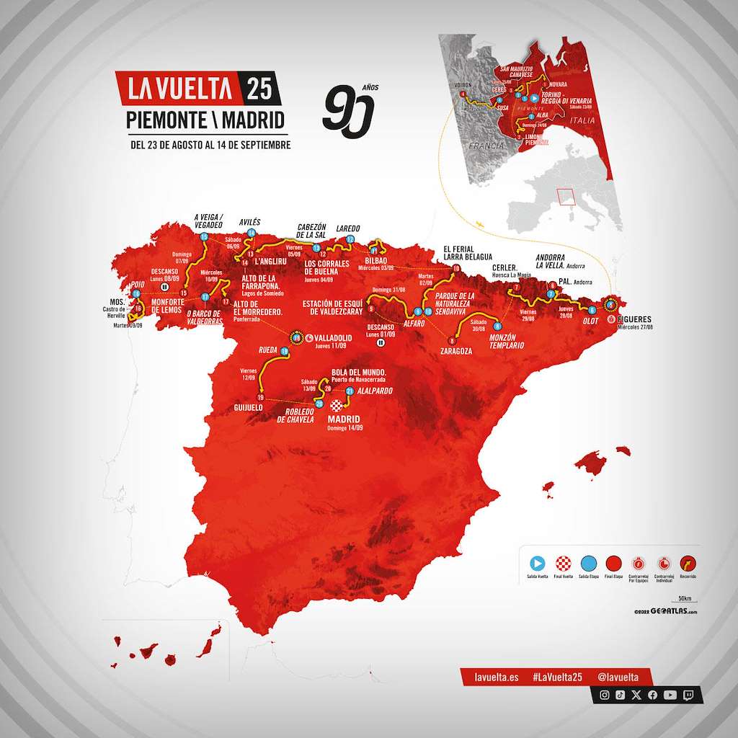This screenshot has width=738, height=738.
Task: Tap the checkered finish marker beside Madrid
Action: pos(334,406)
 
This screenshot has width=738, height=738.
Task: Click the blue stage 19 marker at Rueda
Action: pos(285,352)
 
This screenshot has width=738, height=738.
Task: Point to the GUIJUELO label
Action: pos(247,407)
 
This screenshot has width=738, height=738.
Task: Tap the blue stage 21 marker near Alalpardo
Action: pos(350,392)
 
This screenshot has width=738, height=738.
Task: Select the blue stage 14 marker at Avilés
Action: pos(252,233)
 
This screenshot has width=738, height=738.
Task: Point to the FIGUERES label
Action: pos(633,318)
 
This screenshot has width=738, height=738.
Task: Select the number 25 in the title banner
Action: pos(259,89)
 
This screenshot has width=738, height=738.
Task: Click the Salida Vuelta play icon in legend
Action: pos(538,564)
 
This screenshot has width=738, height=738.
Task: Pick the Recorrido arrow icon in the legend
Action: pos(687,564)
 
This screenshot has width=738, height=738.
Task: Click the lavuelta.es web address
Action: pos(497,677)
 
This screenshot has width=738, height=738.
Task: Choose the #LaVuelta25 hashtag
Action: pos(557,677)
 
